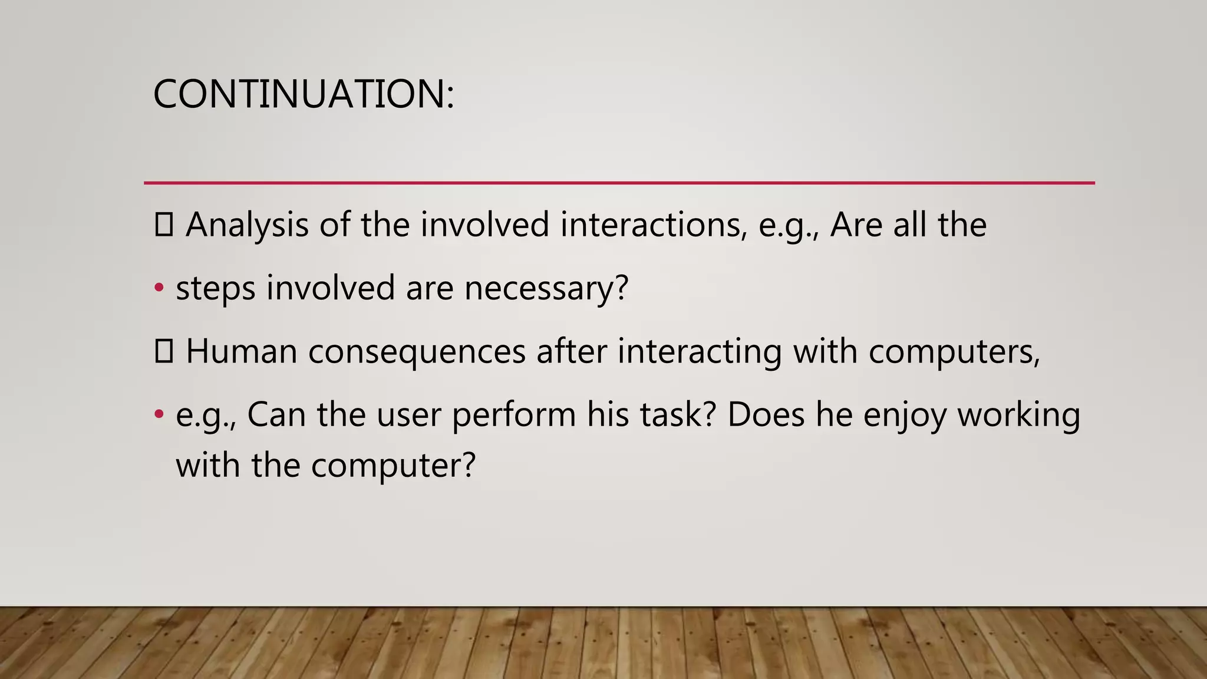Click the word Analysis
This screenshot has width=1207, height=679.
tap(247, 225)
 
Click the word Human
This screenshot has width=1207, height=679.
tap(241, 352)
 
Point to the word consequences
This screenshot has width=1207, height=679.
tap(416, 352)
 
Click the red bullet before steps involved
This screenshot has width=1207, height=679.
tap(159, 288)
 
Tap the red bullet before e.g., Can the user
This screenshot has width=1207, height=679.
tap(159, 414)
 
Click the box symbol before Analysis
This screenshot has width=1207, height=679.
tap(163, 225)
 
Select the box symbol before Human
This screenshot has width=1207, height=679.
tap(163, 352)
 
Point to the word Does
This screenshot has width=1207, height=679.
tap(766, 415)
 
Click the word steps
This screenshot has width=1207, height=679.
tap(215, 289)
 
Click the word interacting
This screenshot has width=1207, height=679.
tap(699, 352)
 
